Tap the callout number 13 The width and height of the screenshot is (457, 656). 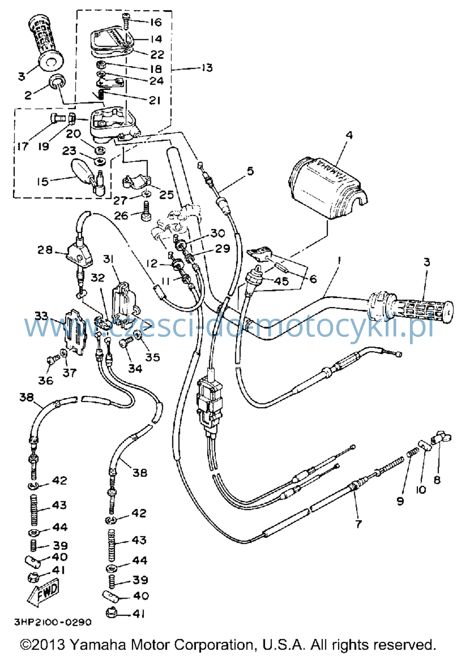point(207,68)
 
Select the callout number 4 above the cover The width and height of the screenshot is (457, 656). point(349,135)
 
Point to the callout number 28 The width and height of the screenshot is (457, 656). point(44,250)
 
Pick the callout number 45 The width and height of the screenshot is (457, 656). point(281,281)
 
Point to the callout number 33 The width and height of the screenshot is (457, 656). point(41,316)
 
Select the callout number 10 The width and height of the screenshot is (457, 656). point(421,489)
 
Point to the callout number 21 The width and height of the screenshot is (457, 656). point(154,100)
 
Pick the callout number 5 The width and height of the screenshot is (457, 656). point(250,171)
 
